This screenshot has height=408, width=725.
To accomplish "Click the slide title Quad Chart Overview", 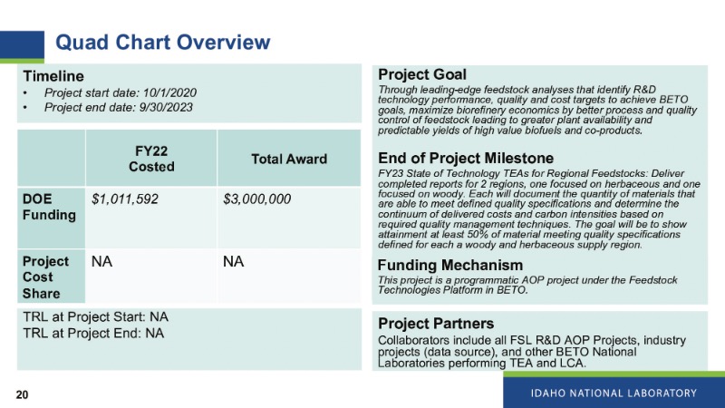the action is pyautogui.click(x=163, y=42).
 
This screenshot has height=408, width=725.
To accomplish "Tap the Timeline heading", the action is pyautogui.click(x=53, y=76).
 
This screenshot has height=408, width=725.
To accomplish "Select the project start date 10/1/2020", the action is pyautogui.click(x=169, y=93).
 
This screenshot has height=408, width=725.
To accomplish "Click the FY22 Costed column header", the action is pyautogui.click(x=151, y=159).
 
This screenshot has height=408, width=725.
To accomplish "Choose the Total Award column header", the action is pyautogui.click(x=289, y=160).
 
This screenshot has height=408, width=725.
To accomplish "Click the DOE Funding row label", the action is pyautogui.click(x=49, y=207).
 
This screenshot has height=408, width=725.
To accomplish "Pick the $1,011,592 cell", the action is pyautogui.click(x=125, y=199).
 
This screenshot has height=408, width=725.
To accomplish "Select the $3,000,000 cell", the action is pyautogui.click(x=257, y=199).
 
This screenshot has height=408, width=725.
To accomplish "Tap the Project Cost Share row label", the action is pyautogui.click(x=45, y=277).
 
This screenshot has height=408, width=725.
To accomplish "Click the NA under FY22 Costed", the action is pyautogui.click(x=101, y=262).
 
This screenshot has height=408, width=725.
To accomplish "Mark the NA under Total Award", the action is pyautogui.click(x=234, y=262).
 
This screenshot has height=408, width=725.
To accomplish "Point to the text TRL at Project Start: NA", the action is pyautogui.click(x=96, y=316).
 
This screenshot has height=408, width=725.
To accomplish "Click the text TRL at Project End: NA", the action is pyautogui.click(x=93, y=333).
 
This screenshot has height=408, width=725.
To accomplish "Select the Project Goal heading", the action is pyautogui.click(x=422, y=74).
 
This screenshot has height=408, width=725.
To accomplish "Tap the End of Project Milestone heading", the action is pyautogui.click(x=466, y=158).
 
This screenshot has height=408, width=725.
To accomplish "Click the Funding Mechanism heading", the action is pyautogui.click(x=450, y=265).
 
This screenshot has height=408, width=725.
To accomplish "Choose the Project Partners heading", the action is pyautogui.click(x=436, y=324).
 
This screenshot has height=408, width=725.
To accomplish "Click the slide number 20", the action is pyautogui.click(x=22, y=394).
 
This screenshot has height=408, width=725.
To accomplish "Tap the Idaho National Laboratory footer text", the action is pyautogui.click(x=614, y=393).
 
